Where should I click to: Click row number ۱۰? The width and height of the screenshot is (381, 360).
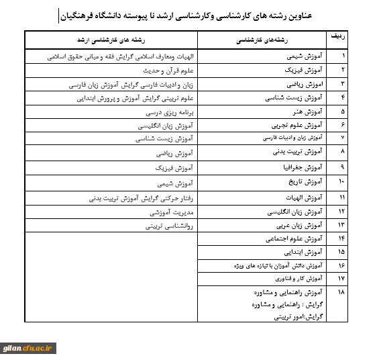coord(342,182)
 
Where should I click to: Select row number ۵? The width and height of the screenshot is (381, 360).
coord(343,111)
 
